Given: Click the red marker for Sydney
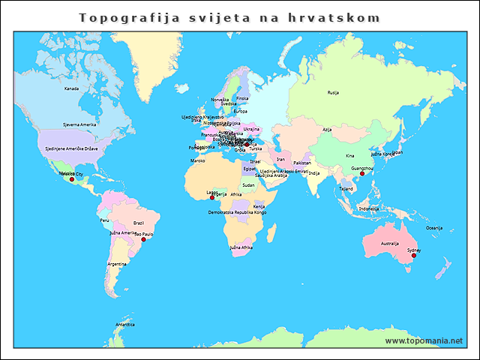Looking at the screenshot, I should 412,256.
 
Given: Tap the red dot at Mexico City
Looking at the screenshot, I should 72,180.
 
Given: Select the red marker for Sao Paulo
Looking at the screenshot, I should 143,239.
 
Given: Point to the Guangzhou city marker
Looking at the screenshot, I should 361,174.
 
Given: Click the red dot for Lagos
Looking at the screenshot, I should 212,198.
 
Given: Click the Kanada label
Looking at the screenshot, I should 71,88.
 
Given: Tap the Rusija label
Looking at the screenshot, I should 333,93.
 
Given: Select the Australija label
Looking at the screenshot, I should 389,243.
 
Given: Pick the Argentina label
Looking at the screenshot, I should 116,264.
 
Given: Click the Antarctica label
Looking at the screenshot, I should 124,325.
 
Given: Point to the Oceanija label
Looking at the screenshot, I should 434,227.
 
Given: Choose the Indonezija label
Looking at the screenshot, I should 369,208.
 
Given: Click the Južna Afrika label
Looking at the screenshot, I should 241,247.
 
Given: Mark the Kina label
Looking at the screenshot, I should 349,155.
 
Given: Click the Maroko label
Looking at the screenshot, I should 197,160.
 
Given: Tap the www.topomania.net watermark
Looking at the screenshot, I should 424,340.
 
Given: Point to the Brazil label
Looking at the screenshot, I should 138,223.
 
